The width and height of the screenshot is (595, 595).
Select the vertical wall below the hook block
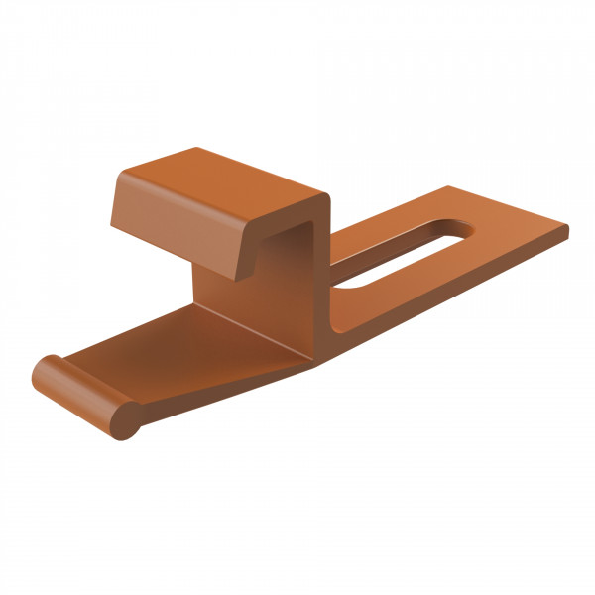[x=238, y=297]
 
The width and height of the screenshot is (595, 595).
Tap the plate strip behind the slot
[x=397, y=223]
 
